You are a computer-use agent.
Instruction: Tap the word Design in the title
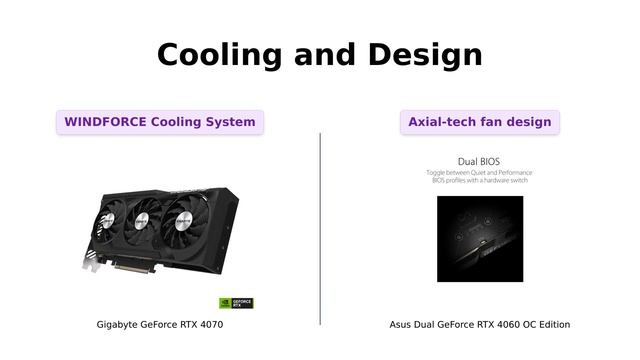point(425,55)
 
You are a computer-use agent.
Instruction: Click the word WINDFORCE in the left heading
point(105,122)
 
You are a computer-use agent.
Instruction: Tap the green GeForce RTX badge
point(236,302)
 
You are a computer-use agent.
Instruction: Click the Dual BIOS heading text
point(479,161)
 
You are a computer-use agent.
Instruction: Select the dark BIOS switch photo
point(480,238)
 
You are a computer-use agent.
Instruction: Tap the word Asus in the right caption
point(401,325)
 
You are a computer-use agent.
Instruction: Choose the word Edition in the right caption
point(552,325)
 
